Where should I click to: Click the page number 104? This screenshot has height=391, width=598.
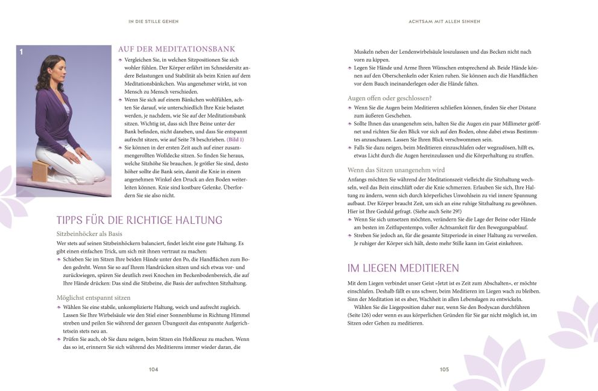coord(153,369)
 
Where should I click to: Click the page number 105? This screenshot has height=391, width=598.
coord(444,369)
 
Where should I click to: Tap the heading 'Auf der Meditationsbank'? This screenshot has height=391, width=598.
coord(176,49)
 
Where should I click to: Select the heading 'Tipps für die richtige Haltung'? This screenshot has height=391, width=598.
coord(139,220)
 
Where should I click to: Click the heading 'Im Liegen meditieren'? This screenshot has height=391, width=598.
coord(403,268)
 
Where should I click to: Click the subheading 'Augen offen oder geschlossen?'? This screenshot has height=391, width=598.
coord(389,98)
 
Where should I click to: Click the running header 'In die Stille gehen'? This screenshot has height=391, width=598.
coord(153,21)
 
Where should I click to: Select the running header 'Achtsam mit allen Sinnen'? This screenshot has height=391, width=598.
coord(444,21)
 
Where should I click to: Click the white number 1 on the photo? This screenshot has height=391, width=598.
coord(21,52)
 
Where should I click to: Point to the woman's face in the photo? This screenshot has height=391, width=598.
coord(54,71)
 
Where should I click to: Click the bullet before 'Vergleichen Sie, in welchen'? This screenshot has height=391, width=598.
coord(120,60)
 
